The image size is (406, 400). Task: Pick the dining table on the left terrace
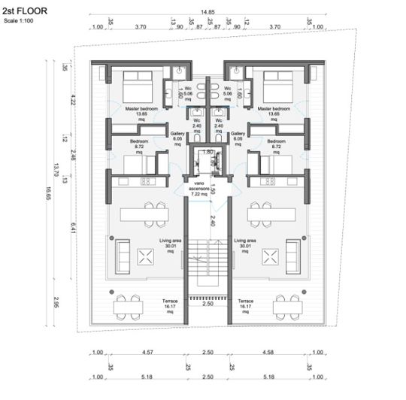129,305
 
